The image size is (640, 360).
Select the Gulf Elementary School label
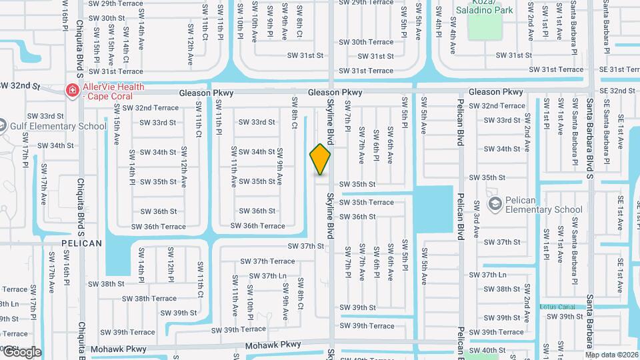pos(57,126)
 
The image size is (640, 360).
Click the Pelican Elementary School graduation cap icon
pos(494,203)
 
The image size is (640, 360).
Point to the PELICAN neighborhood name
pos(82,243)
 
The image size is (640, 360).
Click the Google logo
pos(21,352)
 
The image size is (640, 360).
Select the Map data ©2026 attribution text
pos(611,355)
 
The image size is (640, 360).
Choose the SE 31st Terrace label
pos(619,69)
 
